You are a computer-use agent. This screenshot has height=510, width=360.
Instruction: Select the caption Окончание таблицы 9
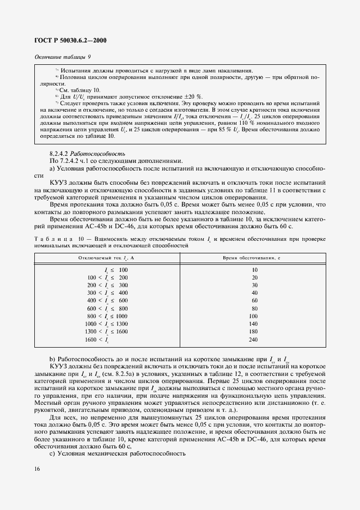pyautogui.click(x=62, y=56)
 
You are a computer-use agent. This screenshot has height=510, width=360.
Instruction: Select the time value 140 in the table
pyautogui.click(x=253, y=323)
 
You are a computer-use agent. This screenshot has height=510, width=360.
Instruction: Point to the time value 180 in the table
pyautogui.click(x=253, y=331)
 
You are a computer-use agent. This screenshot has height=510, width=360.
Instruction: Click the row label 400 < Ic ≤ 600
pyautogui.click(x=107, y=300)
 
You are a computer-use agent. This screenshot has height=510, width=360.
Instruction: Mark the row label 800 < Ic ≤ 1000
pyautogui.click(x=107, y=315)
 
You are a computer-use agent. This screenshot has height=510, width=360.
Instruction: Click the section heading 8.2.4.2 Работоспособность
pyautogui.click(x=87, y=154)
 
